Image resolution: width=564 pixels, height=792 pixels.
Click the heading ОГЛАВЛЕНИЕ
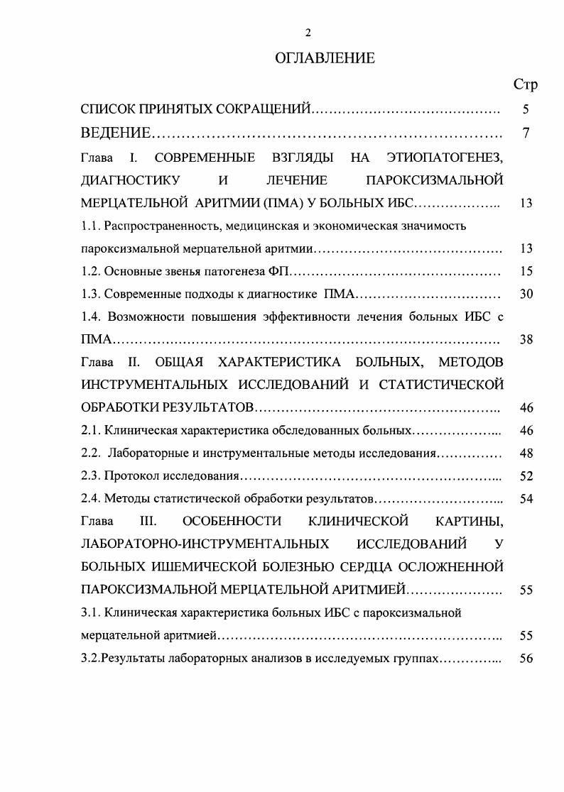tap(325, 59)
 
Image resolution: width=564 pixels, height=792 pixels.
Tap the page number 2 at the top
tap(308, 33)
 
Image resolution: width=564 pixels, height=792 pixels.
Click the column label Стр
tap(525, 84)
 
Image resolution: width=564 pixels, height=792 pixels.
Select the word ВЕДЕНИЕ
tap(116, 133)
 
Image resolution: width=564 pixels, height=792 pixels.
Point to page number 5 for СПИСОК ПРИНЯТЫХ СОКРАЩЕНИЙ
tap(526, 110)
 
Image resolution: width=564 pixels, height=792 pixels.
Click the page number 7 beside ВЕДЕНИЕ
tap(526, 133)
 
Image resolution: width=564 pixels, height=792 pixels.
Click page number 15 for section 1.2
tap(526, 271)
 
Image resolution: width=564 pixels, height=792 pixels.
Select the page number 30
tap(526, 294)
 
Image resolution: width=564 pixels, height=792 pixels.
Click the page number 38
tap(526, 339)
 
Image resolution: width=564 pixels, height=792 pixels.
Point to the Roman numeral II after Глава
tap(134, 362)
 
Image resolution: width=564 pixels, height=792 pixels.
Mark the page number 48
tap(526, 453)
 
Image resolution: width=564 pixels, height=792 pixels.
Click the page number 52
tap(526, 475)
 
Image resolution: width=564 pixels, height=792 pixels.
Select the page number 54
tap(526, 498)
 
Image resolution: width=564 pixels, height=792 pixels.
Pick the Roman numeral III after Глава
tap(148, 522)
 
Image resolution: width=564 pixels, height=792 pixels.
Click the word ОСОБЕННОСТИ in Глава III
tap(232, 522)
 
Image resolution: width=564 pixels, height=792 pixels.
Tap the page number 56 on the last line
tap(526, 658)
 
